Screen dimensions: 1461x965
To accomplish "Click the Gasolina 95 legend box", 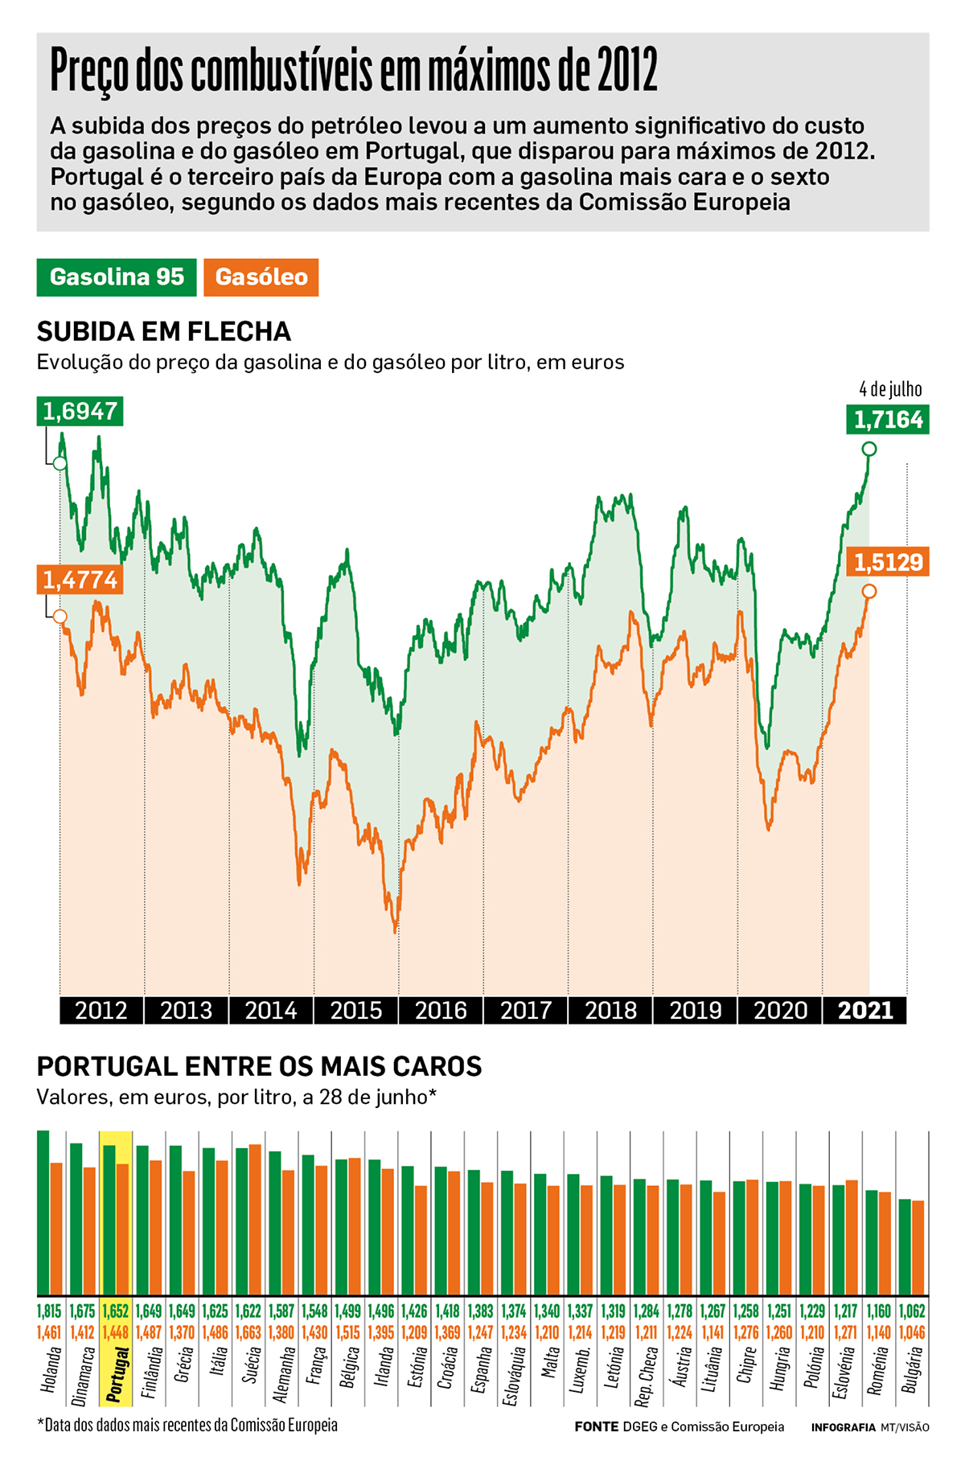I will tap(117, 277).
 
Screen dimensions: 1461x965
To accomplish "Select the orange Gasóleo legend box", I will tap(261, 277).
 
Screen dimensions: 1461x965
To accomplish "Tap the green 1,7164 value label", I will tap(888, 420).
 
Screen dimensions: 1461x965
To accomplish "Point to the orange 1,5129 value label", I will tap(888, 562).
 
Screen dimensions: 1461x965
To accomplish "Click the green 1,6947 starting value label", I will tap(80, 411).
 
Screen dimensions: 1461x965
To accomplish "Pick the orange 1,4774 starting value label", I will tap(80, 580).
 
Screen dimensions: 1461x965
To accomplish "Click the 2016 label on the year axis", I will tap(441, 1010).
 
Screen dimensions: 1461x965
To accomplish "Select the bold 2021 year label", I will tap(865, 1010).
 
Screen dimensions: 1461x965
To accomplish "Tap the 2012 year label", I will tap(101, 1010).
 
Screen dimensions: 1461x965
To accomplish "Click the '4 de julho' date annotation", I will tap(890, 389).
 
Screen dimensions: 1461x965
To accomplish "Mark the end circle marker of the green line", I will tap(868, 449).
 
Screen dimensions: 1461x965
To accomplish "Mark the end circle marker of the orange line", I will tap(868, 592).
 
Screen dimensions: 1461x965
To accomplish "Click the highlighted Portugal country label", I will tap(117, 1375).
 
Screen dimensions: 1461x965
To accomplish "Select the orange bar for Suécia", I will tap(255, 1219).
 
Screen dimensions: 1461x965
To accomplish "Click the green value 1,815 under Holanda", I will tap(49, 1311).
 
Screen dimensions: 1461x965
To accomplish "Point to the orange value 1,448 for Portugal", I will tap(116, 1332).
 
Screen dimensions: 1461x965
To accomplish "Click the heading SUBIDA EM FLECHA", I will tap(164, 331).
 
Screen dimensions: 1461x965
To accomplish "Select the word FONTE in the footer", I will tap(596, 1426).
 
